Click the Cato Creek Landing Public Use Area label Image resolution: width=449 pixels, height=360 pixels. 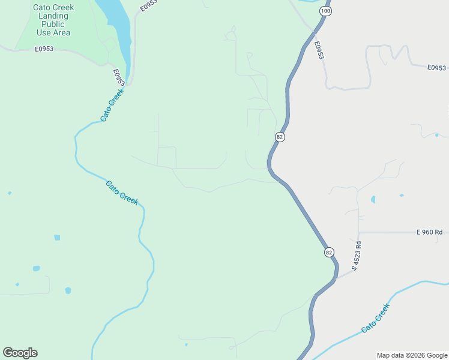click(53, 20)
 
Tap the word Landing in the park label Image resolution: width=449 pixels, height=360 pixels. click(53, 16)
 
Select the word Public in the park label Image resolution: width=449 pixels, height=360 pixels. click(53, 24)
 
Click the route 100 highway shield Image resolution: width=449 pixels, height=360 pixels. click(325, 11)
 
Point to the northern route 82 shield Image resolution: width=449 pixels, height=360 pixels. click(280, 137)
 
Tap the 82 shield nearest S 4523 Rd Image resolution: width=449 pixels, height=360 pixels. click(329, 253)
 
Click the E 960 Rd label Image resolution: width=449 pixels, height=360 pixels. click(429, 232)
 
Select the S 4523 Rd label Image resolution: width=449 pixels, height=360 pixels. click(357, 256)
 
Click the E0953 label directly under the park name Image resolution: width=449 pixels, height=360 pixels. click(44, 49)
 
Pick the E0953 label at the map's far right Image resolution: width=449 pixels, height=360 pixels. click(437, 68)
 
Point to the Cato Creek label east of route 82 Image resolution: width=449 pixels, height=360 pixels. click(376, 319)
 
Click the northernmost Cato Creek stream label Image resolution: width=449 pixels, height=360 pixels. click(112, 106)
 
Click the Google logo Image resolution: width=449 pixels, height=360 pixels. click(20, 353)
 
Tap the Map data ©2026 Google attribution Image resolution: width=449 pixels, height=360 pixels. click(412, 355)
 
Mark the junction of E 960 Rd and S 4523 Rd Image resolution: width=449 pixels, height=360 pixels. click(359, 232)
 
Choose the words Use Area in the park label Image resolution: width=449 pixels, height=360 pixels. click(53, 32)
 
